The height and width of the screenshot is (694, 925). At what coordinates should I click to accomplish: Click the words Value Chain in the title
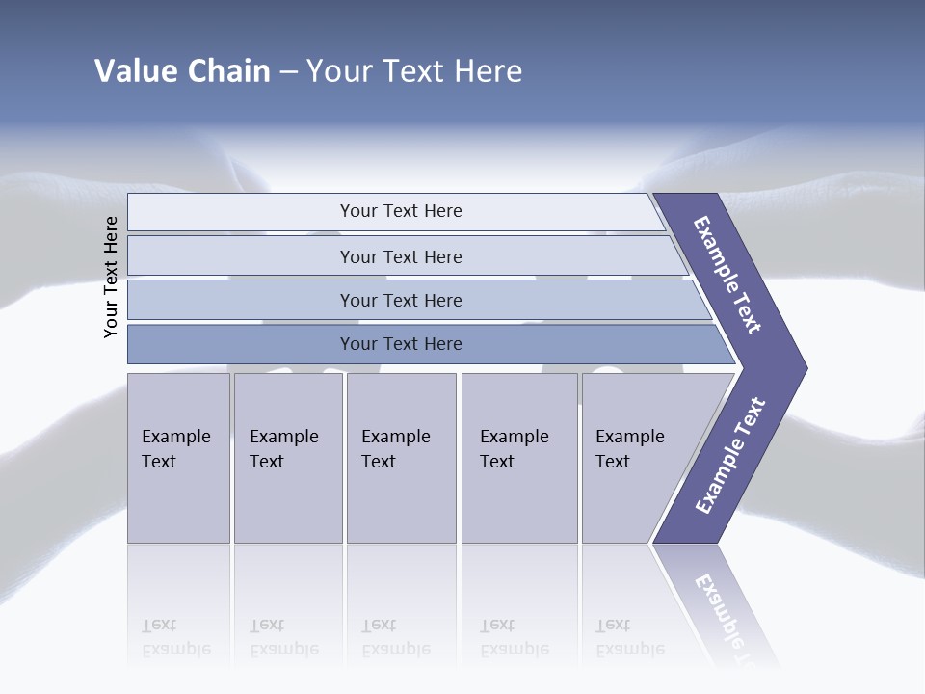tap(182, 70)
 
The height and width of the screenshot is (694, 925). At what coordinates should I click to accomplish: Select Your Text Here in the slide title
tap(414, 70)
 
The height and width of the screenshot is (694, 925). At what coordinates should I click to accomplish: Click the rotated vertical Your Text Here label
tap(111, 277)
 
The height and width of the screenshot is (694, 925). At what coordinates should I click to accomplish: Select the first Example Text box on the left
tap(178, 458)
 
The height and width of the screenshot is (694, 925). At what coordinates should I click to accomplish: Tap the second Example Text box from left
tap(287, 458)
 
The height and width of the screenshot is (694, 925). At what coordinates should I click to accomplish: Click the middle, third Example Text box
tap(400, 458)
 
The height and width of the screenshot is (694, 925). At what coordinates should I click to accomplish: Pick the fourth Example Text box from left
tap(518, 458)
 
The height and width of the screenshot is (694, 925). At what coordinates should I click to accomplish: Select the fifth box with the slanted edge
tap(636, 458)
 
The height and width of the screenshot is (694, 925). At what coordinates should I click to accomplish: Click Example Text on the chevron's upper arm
tap(727, 275)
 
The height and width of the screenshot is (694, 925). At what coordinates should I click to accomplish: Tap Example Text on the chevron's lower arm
tap(730, 456)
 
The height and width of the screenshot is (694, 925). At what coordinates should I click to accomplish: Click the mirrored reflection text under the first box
tap(175, 637)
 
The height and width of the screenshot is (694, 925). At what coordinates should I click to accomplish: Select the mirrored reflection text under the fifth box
tap(629, 637)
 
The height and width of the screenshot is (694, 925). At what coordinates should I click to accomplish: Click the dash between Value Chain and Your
tap(288, 71)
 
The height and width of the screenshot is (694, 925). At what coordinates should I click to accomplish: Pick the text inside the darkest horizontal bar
tap(401, 344)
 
